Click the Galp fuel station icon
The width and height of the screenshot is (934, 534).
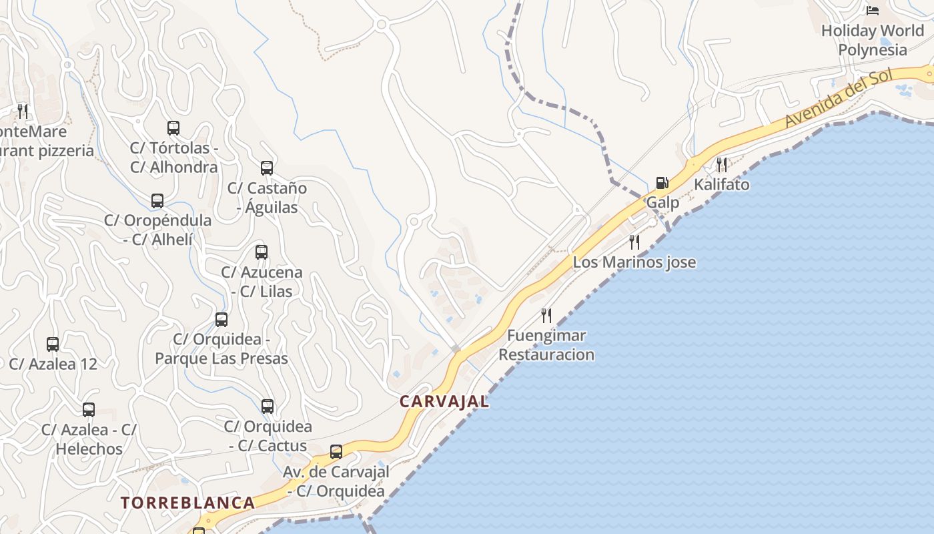pyautogui.click(x=662, y=182)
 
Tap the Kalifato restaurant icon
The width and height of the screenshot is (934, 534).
pyautogui.click(x=721, y=164)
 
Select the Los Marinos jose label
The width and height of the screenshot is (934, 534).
pyautogui.click(x=634, y=262)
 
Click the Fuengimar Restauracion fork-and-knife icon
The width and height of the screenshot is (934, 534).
pyautogui.click(x=546, y=315)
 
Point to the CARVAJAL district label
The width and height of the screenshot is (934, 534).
pyautogui.click(x=444, y=401)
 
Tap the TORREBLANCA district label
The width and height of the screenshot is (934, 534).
pyautogui.click(x=187, y=503)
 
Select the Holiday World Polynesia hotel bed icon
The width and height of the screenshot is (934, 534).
pyautogui.click(x=872, y=11)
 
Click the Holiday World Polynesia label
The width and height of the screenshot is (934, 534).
pyautogui.click(x=872, y=40)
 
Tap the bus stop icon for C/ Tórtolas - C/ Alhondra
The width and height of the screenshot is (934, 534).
pyautogui.click(x=173, y=128)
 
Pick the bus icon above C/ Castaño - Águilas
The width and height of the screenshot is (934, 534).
pyautogui.click(x=267, y=168)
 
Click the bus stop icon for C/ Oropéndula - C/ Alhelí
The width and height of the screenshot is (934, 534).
pyautogui.click(x=157, y=201)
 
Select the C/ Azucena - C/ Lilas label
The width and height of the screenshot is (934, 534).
pyautogui.click(x=262, y=282)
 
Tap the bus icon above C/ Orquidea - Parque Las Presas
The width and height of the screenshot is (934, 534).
pyautogui.click(x=221, y=320)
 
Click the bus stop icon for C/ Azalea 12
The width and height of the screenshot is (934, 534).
pyautogui.click(x=53, y=344)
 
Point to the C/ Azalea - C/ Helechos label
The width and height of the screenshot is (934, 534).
pyautogui.click(x=89, y=439)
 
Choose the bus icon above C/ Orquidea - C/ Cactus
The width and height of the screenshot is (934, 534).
pyautogui.click(x=268, y=406)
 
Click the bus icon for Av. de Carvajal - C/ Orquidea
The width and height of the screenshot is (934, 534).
pyautogui.click(x=336, y=452)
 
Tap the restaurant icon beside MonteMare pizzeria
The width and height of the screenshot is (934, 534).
pyautogui.click(x=23, y=111)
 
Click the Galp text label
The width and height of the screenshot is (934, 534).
pyautogui.click(x=662, y=202)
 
